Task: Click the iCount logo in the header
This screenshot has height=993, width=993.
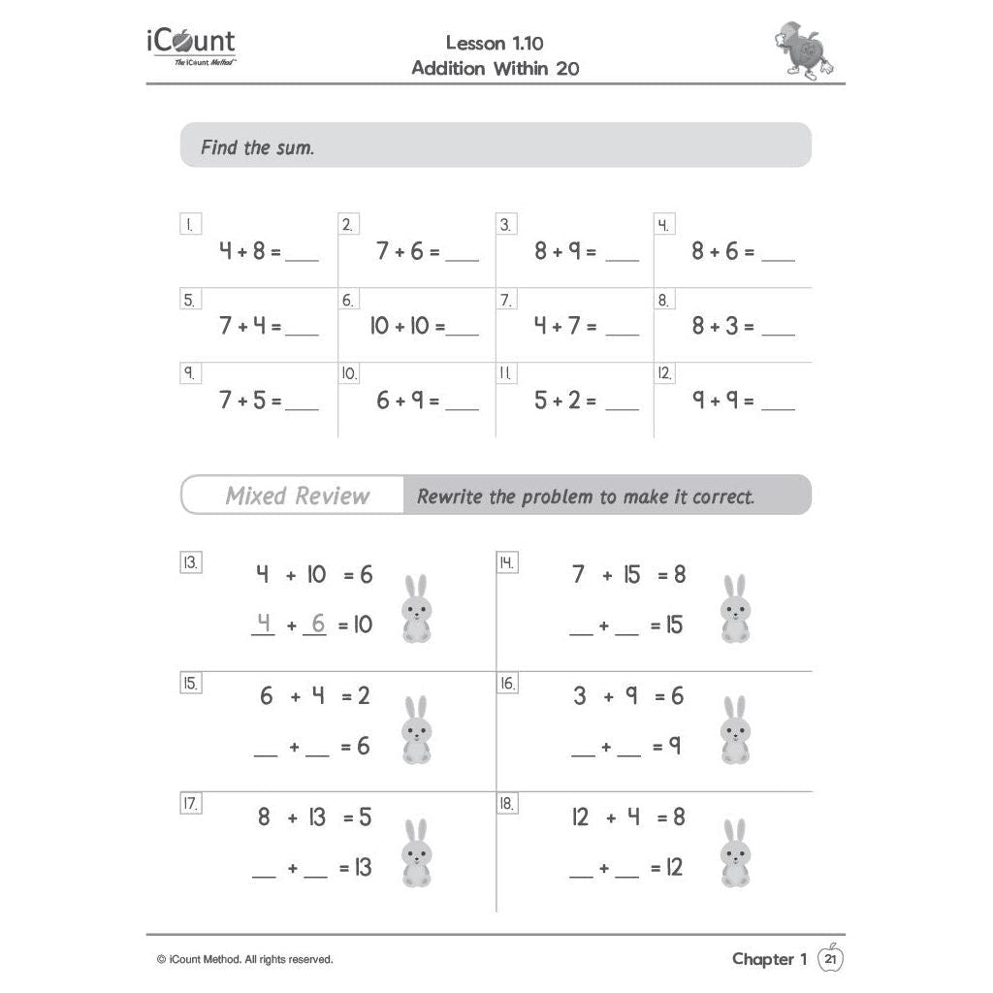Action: tap(191, 46)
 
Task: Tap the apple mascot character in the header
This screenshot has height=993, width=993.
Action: tap(805, 50)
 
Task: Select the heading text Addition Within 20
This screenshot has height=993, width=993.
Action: tap(496, 68)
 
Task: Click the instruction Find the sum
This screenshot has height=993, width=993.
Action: tap(257, 148)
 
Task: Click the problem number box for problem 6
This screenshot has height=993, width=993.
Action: tap(347, 300)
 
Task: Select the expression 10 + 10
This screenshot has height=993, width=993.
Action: tap(400, 326)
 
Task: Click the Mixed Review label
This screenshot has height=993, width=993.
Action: tap(298, 496)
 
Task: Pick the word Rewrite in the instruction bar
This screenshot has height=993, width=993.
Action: tap(450, 497)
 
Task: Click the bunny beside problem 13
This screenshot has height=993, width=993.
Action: tap(416, 609)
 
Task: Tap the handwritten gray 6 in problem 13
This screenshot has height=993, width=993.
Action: tap(317, 624)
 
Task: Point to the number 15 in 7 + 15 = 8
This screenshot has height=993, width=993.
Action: tap(631, 575)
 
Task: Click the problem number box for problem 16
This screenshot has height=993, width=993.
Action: tap(507, 684)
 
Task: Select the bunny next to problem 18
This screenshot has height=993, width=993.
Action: tap(735, 852)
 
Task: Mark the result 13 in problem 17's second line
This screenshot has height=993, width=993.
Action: tap(361, 867)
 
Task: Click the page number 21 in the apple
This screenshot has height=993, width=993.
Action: tap(830, 959)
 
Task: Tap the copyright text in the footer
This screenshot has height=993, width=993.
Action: tap(244, 959)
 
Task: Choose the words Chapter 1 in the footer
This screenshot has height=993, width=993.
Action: tap(769, 959)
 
